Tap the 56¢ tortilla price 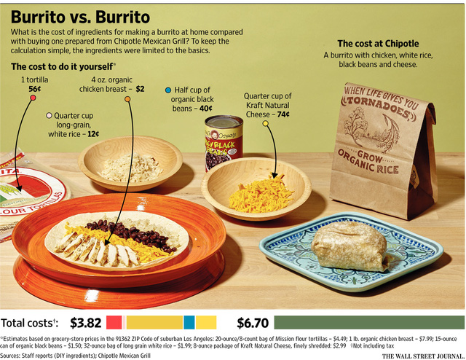[x=34, y=89]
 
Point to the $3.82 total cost [x=85, y=322]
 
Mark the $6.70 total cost [x=253, y=322]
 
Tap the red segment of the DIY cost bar [x=114, y=322]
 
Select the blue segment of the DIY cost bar [x=189, y=322]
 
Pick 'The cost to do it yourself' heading [x=61, y=67]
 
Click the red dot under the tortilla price [x=33, y=98]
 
